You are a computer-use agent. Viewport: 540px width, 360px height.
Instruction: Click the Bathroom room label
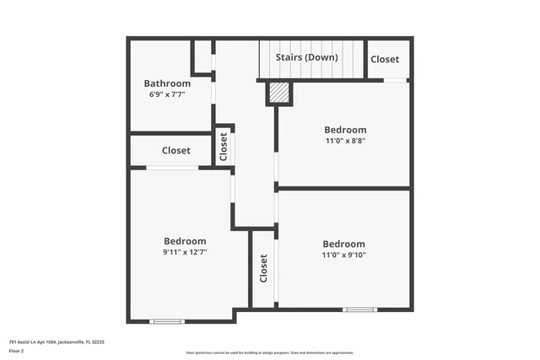click(167, 83)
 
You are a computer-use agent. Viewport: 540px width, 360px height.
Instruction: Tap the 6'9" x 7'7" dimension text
click(167, 94)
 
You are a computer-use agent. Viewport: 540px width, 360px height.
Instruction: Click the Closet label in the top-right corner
click(385, 60)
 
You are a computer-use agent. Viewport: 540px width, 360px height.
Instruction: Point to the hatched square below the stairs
click(279, 92)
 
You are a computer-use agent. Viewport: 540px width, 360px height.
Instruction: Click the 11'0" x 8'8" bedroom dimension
click(345, 141)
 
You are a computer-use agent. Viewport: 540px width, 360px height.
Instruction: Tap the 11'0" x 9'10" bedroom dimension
click(343, 255)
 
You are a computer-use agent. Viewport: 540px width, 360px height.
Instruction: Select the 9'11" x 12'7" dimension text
click(185, 251)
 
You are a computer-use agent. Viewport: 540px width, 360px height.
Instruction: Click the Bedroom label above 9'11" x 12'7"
click(185, 240)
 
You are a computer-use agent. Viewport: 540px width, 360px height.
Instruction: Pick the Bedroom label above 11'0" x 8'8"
click(346, 130)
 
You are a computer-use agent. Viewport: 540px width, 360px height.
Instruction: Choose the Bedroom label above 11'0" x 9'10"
click(343, 244)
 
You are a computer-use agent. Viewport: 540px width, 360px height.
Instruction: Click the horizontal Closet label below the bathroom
click(175, 151)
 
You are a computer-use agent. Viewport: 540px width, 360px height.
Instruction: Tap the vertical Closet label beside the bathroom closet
click(224, 148)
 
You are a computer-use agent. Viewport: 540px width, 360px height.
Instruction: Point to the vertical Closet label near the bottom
click(263, 269)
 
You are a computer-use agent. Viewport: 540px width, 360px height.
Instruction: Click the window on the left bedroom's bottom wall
click(166, 321)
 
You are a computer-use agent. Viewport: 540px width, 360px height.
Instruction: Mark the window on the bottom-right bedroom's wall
click(359, 309)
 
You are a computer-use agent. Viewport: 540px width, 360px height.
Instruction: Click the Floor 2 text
click(16, 349)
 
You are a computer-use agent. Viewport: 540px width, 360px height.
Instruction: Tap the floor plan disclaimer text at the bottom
click(269, 352)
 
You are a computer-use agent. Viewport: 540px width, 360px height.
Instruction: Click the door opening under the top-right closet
click(395, 80)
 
